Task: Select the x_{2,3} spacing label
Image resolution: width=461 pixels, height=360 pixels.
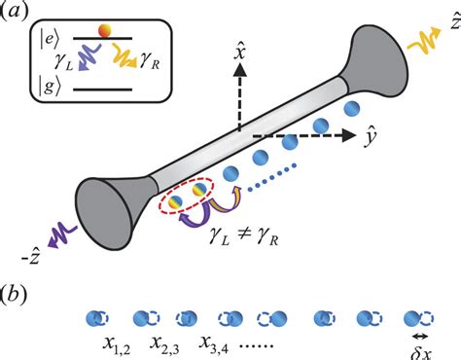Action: pyautogui.click(x=167, y=343)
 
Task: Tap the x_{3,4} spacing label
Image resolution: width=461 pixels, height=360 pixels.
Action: pyautogui.click(x=217, y=343)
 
